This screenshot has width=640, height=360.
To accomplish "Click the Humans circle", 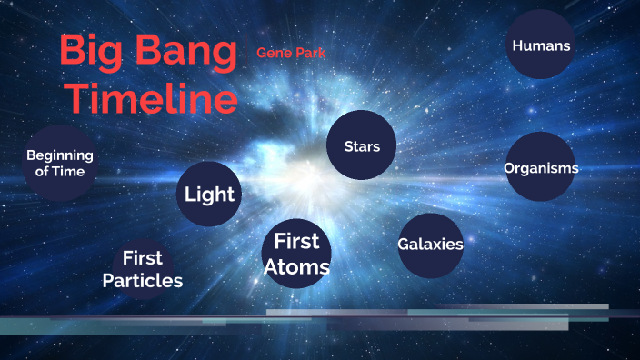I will (541, 44).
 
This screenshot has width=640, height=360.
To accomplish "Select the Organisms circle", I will (541, 167).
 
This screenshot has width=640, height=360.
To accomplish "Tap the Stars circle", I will (361, 145).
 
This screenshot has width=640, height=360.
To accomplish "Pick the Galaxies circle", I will (431, 245).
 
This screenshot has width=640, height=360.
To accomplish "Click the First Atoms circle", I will (296, 254).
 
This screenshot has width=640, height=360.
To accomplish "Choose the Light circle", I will (210, 194).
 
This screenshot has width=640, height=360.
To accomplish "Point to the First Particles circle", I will (143, 269).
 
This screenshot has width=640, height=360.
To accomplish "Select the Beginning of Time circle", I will (60, 163).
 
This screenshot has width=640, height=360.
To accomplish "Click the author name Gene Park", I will (291, 53).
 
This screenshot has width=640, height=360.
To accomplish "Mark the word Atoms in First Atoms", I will (296, 266).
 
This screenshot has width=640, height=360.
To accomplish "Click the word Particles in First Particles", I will (143, 281).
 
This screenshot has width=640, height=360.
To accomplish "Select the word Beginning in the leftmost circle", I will (60, 155).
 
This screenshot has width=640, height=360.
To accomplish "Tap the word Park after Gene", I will (309, 53).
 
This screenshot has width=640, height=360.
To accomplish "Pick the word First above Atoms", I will (297, 241).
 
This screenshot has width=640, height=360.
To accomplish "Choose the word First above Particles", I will (143, 258).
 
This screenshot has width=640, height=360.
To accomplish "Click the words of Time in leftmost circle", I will (60, 171).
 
